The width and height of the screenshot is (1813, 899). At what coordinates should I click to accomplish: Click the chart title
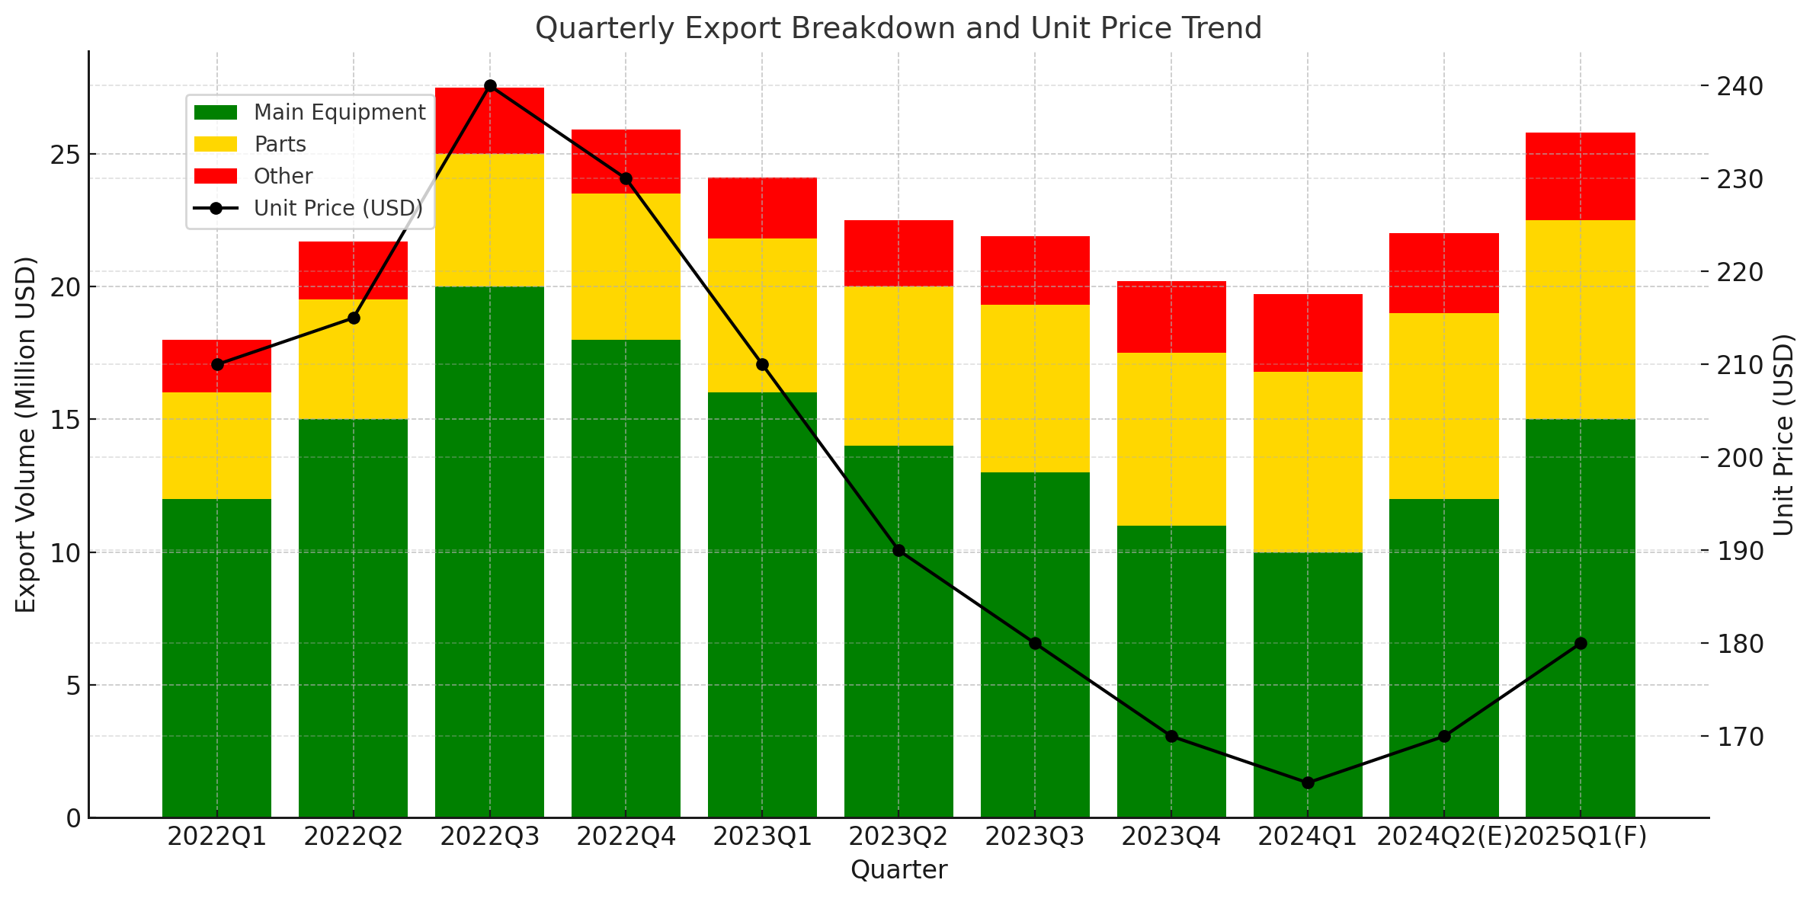pos(898,28)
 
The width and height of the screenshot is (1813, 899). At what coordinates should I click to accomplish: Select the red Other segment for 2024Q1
pos(1308,333)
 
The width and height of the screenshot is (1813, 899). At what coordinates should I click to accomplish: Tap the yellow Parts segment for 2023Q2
pos(898,366)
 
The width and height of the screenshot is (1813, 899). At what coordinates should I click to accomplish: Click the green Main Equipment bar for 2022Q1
pos(217,658)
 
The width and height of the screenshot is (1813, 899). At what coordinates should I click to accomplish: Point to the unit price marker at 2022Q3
pos(490,86)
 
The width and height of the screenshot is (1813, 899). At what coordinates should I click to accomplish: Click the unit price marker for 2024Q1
pos(1308,782)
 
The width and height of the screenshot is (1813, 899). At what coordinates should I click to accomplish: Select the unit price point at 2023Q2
pos(898,550)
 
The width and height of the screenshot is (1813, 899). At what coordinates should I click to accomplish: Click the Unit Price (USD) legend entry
pos(309,208)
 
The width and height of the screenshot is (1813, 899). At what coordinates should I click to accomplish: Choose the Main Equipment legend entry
pos(309,112)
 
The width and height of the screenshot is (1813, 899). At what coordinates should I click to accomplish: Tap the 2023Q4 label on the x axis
pos(1171,837)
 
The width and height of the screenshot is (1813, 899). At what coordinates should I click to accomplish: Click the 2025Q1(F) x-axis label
pos(1580,837)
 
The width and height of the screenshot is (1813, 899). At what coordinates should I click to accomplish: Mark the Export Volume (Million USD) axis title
pos(26,434)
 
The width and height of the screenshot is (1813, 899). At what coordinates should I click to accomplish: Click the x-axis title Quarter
pos(898,869)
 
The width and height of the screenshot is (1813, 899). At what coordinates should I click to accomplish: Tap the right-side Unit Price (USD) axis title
pos(1783,434)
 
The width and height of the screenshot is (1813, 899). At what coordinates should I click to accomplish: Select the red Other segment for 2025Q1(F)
pos(1580,177)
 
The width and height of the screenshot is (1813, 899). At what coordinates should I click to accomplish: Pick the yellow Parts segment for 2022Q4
pos(626,267)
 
